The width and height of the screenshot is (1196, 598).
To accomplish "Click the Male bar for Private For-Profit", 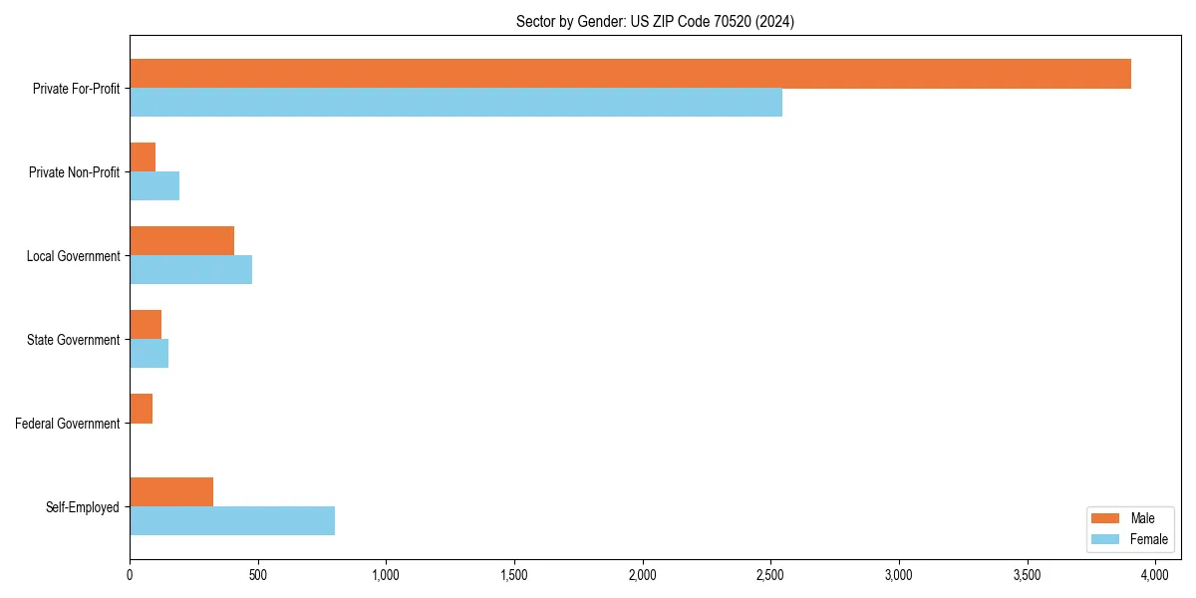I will pyautogui.click(x=630, y=74).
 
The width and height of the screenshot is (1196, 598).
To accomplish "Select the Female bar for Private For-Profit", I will pyautogui.click(x=455, y=103).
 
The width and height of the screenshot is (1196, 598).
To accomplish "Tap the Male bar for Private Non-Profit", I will pyautogui.click(x=143, y=157).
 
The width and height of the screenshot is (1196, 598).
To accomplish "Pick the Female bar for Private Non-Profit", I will pyautogui.click(x=154, y=186).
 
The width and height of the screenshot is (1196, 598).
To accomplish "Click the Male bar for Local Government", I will pyautogui.click(x=181, y=241).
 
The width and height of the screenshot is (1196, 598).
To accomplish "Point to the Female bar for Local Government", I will pyautogui.click(x=190, y=270).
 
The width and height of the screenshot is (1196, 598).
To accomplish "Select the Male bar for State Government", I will pyautogui.click(x=146, y=325).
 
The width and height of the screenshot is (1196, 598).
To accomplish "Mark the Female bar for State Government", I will pyautogui.click(x=149, y=354).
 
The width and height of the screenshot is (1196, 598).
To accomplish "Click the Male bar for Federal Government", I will pyautogui.click(x=141, y=409).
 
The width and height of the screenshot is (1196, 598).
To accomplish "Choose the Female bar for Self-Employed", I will pyautogui.click(x=232, y=521).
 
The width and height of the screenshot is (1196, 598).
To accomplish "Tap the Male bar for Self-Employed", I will pyautogui.click(x=171, y=492).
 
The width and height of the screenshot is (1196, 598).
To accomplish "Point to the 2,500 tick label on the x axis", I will pyautogui.click(x=770, y=575).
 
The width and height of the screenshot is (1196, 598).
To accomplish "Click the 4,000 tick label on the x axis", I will pyautogui.click(x=1155, y=575).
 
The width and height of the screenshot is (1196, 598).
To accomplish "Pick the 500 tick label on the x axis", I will pyautogui.click(x=257, y=575).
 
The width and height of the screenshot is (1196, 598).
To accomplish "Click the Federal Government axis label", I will pyautogui.click(x=68, y=424).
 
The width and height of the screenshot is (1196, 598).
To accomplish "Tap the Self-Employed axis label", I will pyautogui.click(x=83, y=507).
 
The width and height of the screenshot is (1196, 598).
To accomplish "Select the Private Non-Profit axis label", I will pyautogui.click(x=74, y=172).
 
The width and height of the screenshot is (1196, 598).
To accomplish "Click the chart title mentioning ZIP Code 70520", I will pyautogui.click(x=655, y=21).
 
